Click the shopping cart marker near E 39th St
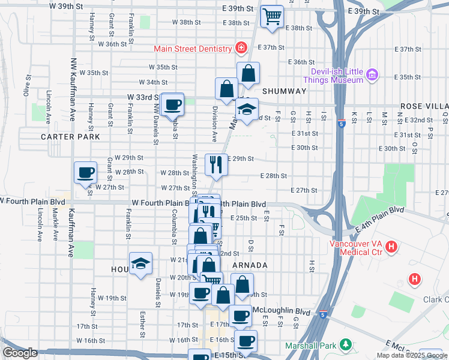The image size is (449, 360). point(272,16)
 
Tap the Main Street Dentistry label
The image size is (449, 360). point(193,49)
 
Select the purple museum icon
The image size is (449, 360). point(372,74)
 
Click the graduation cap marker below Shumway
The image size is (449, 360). point(246,110)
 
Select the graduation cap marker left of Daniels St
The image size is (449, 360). point(140,264)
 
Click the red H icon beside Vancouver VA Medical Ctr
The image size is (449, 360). point(391,247)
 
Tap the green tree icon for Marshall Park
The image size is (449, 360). point(345,344)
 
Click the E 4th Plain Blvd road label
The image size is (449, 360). point(381,220)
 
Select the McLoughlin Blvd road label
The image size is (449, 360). point(282,312)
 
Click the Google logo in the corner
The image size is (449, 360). point(20,353)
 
